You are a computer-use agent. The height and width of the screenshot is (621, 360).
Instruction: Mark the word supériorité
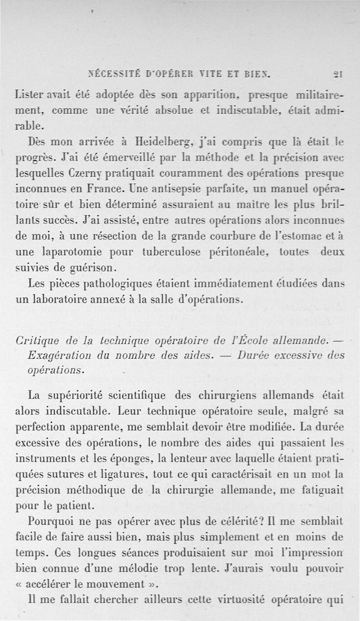pyautogui.click(x=77, y=395)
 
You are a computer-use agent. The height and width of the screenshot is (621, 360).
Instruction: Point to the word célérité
pyautogui.click(x=240, y=523)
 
